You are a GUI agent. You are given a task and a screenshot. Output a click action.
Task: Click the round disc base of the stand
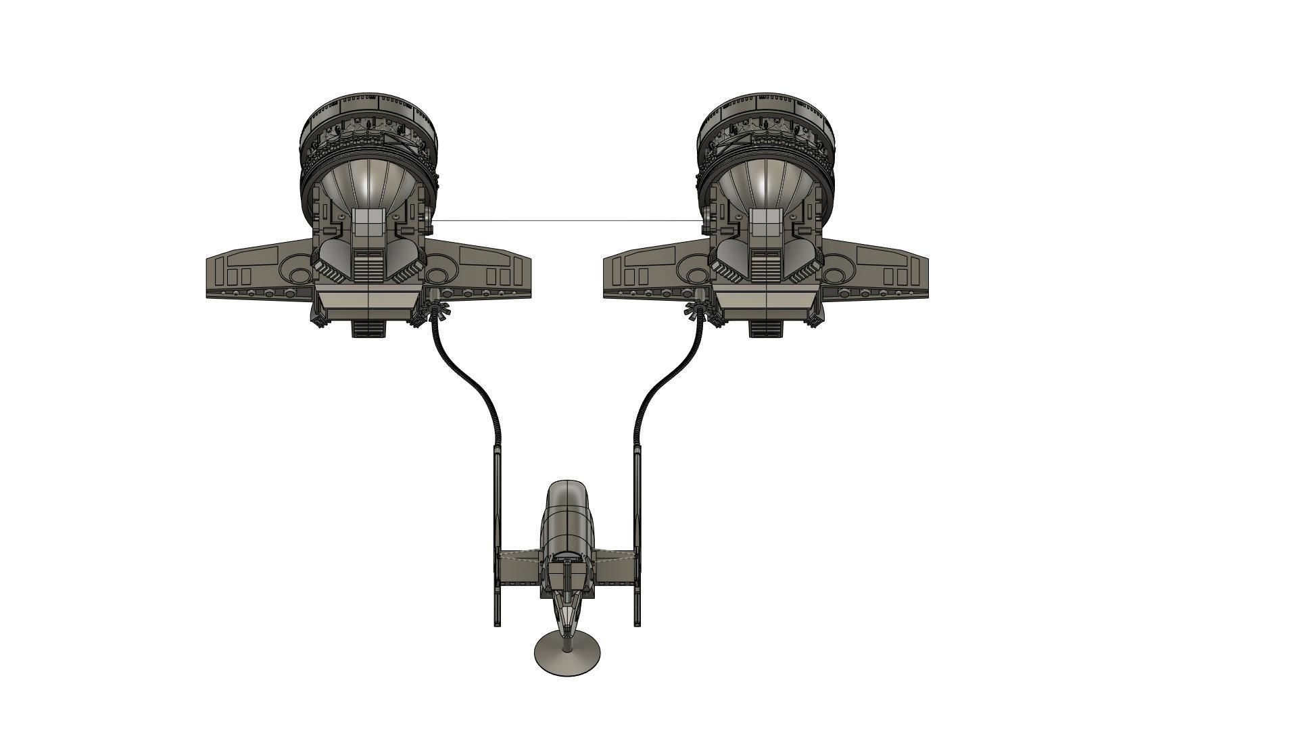567,656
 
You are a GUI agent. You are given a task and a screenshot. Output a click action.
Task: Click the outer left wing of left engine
250,270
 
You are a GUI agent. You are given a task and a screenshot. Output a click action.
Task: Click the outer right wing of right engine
886,270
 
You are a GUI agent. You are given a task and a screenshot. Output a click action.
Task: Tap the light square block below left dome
368,222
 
